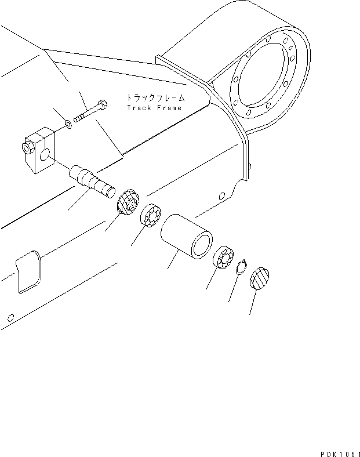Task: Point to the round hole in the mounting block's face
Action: pos(45,155)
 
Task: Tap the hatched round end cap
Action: pos(259,278)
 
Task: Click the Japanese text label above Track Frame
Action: pos(154,98)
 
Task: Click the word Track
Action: pos(138,108)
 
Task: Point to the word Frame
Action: pos(168,108)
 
